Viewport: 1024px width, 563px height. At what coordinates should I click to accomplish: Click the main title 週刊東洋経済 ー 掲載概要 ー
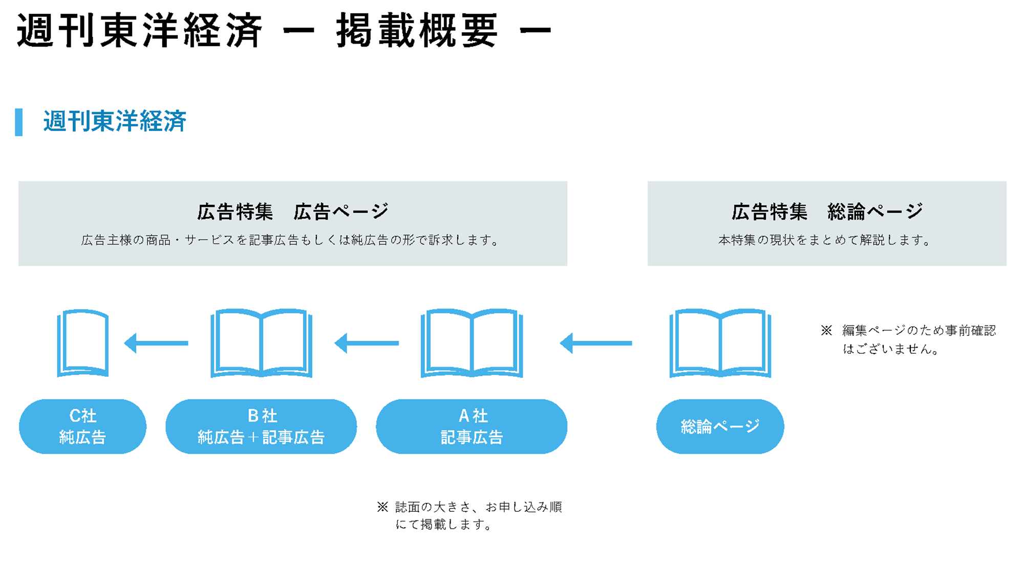pos(284,31)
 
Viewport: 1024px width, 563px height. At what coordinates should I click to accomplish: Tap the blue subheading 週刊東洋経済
pos(115,121)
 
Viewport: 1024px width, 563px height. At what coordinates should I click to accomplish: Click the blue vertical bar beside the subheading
pos(19,122)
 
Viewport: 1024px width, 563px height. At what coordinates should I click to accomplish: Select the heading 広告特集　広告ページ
pos(293,211)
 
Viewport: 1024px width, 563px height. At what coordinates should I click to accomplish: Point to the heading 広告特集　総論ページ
pos(827,211)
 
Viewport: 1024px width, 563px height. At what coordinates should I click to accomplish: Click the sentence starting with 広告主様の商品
pos(291,240)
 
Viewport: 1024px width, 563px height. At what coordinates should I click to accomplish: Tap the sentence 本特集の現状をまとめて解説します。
pos(825,240)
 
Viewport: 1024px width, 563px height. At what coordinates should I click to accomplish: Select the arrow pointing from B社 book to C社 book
pos(156,343)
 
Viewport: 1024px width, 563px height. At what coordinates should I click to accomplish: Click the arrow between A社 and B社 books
pos(367,343)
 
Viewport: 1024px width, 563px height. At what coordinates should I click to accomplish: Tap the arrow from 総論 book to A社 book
pos(596,343)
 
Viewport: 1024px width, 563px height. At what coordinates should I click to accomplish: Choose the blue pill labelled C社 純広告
pos(82,426)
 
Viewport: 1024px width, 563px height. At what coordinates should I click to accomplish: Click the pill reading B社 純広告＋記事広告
pos(261,426)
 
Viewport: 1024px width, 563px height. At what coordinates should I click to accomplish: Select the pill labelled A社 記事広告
pos(472,426)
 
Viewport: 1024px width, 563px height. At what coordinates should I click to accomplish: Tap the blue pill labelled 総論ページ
pos(720,426)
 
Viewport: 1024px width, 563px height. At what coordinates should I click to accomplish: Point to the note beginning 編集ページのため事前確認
pos(909,340)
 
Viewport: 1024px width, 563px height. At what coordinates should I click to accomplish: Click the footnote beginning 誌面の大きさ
pos(470,516)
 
